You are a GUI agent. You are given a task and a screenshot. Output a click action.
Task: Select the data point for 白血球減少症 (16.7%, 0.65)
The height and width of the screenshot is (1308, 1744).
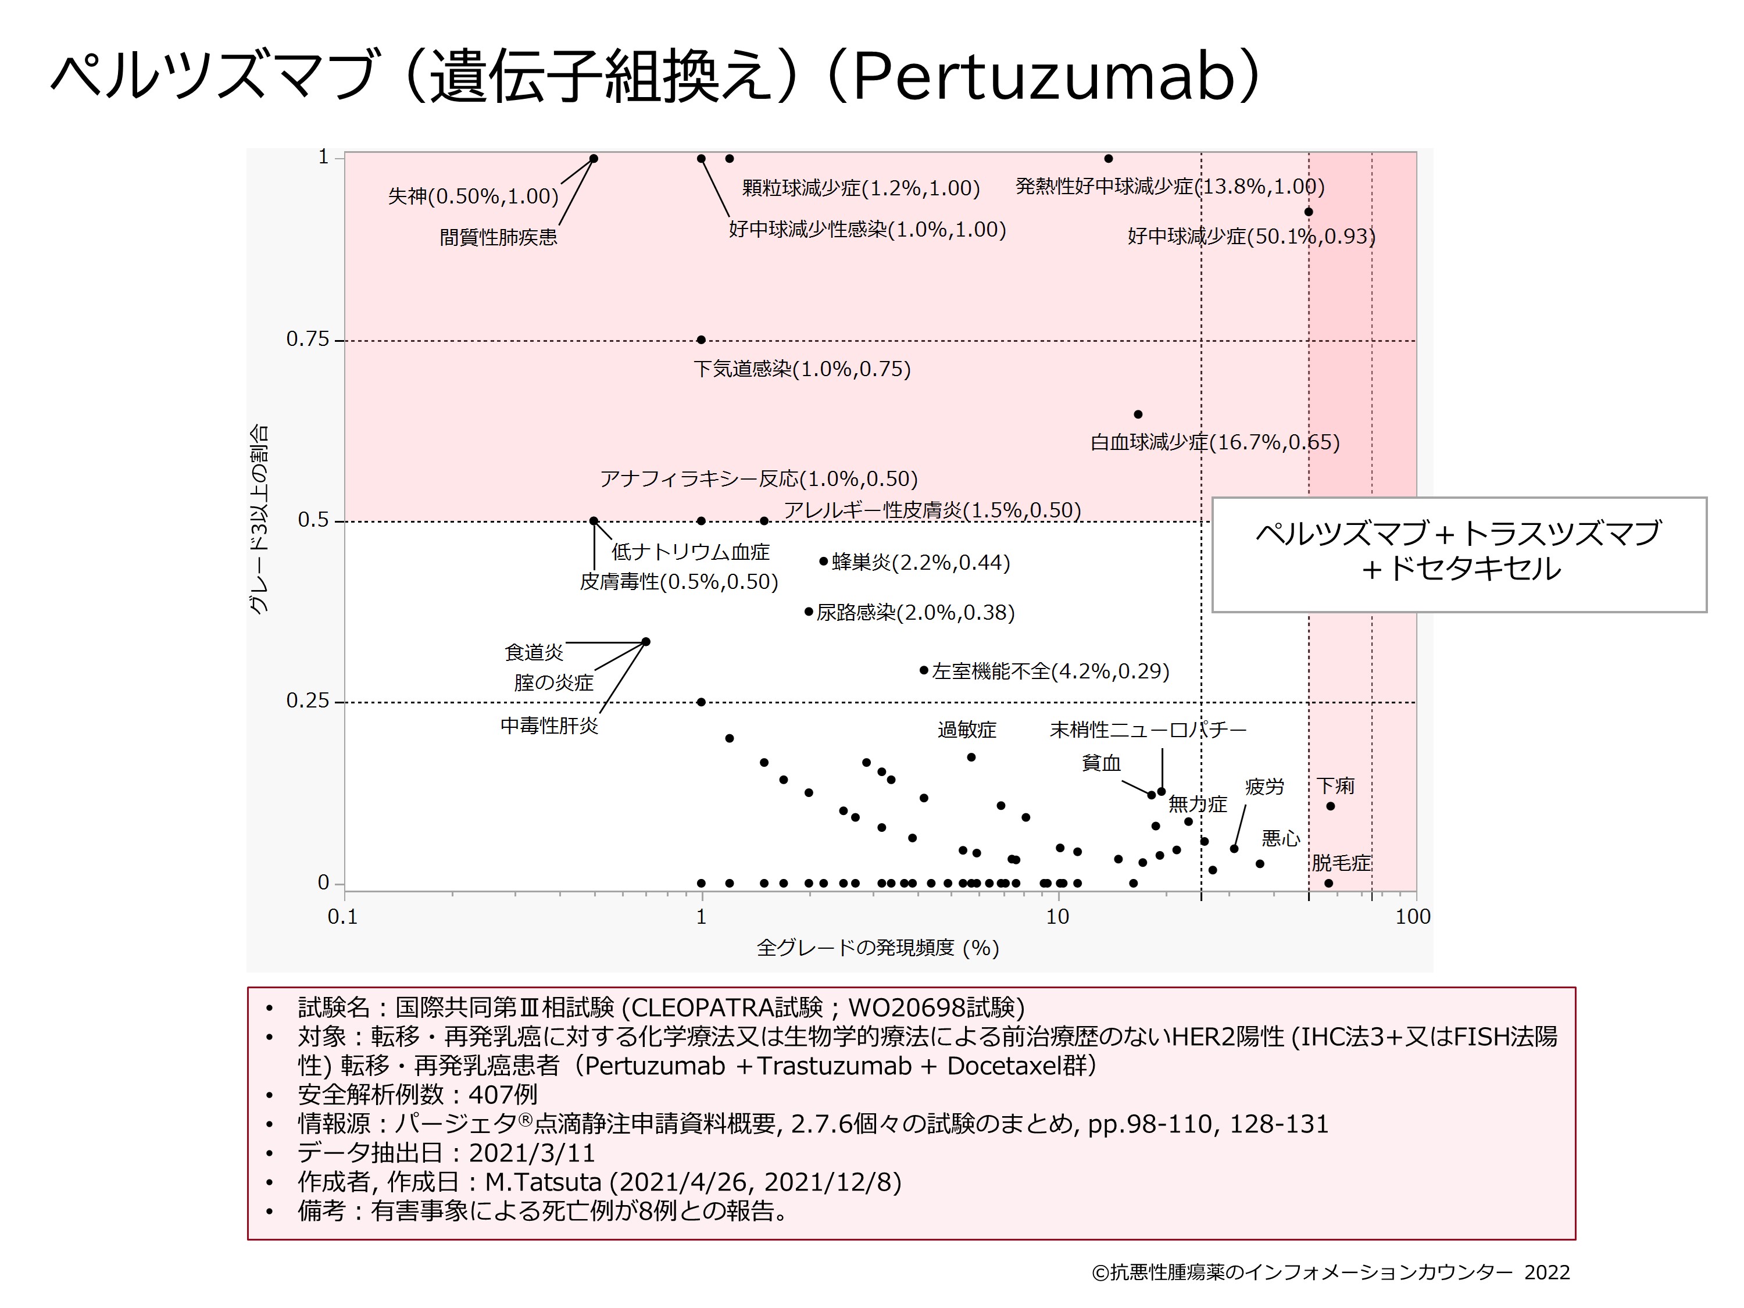[x=1138, y=414]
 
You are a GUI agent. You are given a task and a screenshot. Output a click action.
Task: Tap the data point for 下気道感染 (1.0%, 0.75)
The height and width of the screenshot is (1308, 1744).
[x=701, y=341]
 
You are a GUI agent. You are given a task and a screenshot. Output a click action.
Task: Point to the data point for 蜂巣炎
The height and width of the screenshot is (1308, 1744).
[x=824, y=562]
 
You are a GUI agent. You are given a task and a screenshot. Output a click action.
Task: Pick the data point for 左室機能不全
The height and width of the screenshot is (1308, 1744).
[x=924, y=670]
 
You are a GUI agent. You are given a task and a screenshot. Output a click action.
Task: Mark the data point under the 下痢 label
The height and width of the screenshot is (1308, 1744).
[x=1331, y=806]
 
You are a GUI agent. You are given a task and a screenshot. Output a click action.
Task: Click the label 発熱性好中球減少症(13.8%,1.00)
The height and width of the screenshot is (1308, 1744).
[x=1169, y=187]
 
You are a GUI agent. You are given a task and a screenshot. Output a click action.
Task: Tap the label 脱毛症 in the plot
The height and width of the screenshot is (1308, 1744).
[x=1341, y=863]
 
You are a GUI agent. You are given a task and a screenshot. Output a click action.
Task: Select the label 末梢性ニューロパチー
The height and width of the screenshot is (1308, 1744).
[x=1148, y=730]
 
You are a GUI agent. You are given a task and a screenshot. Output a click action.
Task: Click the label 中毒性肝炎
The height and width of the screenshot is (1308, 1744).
[x=549, y=726]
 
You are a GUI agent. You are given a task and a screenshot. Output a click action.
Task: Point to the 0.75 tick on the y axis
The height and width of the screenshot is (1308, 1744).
[x=308, y=340]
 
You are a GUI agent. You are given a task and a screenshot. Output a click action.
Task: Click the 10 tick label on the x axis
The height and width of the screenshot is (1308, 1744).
[x=1057, y=917]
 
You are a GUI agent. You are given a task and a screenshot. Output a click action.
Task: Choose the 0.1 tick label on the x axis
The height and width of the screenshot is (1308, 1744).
[x=342, y=917]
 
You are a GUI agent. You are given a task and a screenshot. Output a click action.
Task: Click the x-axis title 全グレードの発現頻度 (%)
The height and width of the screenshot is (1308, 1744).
[x=877, y=948]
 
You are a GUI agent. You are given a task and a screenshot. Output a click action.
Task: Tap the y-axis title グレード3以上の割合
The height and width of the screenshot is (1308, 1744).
[x=259, y=520]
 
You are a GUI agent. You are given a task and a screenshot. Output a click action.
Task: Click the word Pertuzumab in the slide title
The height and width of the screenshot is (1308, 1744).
[x=1042, y=77]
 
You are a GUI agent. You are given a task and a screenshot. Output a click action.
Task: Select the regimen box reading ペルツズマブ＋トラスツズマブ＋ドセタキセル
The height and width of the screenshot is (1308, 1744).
[x=1459, y=554]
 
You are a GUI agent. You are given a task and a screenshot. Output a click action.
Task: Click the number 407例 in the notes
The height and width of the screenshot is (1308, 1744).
[x=502, y=1094]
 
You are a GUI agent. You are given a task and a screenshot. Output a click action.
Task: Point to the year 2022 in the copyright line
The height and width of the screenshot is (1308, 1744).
[x=1547, y=1273]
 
